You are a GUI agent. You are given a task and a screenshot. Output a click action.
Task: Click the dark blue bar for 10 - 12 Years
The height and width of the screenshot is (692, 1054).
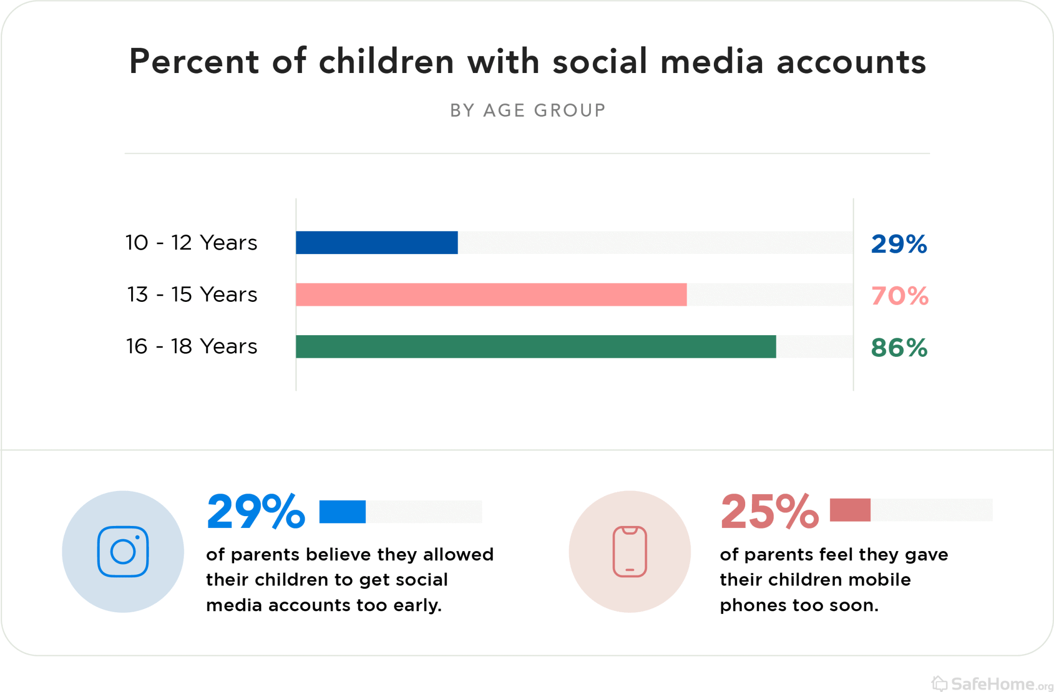click(377, 243)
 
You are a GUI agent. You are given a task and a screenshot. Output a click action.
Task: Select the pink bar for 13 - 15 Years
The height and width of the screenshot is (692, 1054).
click(491, 295)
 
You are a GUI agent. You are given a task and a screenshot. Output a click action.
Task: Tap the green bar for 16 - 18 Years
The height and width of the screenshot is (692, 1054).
click(536, 347)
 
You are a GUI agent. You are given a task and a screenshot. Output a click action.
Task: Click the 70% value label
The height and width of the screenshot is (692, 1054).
click(900, 296)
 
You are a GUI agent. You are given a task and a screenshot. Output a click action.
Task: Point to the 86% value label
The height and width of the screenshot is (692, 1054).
click(899, 348)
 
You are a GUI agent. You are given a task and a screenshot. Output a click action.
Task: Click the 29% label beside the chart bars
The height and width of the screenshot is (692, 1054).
click(899, 244)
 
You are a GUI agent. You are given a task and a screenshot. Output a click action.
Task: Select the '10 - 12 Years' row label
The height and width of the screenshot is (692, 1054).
click(191, 243)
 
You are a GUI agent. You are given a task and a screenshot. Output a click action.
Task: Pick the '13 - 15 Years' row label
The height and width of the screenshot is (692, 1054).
click(192, 295)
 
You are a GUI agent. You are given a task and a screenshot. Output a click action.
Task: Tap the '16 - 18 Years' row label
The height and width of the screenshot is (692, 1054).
click(191, 347)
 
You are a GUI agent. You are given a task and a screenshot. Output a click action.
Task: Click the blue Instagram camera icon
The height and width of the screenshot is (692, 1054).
click(123, 552)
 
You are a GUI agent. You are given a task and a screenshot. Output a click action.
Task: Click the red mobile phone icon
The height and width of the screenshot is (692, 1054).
click(629, 552)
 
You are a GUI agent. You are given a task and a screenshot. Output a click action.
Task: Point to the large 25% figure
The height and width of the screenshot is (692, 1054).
click(769, 512)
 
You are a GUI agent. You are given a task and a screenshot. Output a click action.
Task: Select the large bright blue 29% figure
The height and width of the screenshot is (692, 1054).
click(256, 512)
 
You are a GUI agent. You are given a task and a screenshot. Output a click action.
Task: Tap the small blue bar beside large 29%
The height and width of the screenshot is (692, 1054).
click(342, 512)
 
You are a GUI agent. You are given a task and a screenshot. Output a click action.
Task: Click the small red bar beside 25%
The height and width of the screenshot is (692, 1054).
click(850, 510)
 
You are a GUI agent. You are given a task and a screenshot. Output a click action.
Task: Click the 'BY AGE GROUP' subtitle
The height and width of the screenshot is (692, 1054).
click(528, 111)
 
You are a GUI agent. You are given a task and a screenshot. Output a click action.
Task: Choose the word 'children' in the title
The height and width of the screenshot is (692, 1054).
click(386, 62)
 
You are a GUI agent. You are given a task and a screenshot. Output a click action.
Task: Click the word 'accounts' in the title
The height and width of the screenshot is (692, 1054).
click(851, 62)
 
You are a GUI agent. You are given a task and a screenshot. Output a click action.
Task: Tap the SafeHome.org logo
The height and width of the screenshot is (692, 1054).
click(992, 684)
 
